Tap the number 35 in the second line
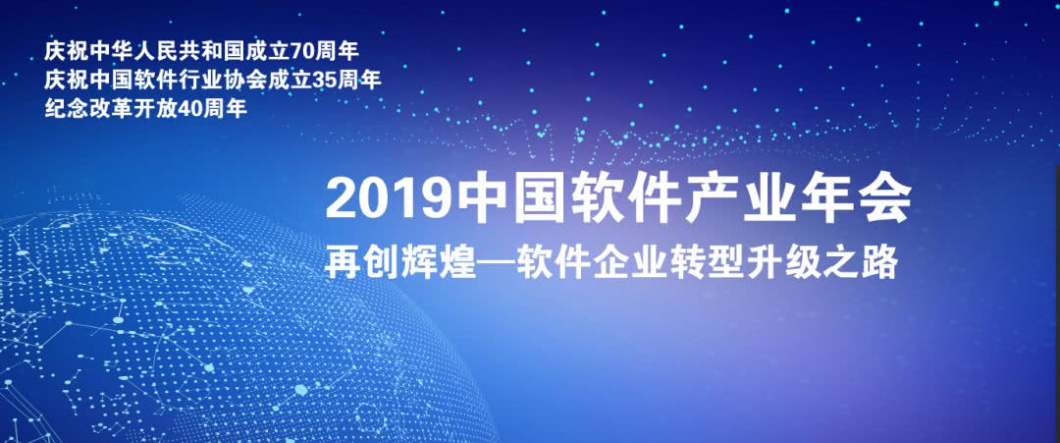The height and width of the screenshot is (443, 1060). tap(323, 80)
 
